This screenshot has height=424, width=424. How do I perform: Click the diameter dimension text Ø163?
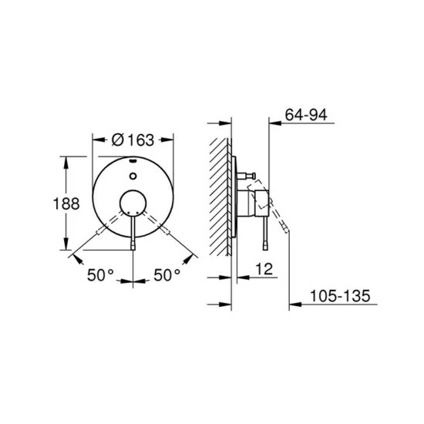coord(133,140)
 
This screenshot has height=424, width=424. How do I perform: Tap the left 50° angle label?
coord(99,274)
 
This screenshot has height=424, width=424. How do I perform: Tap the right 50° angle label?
coord(167,274)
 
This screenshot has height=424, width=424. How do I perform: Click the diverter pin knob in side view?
coord(251,177)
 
